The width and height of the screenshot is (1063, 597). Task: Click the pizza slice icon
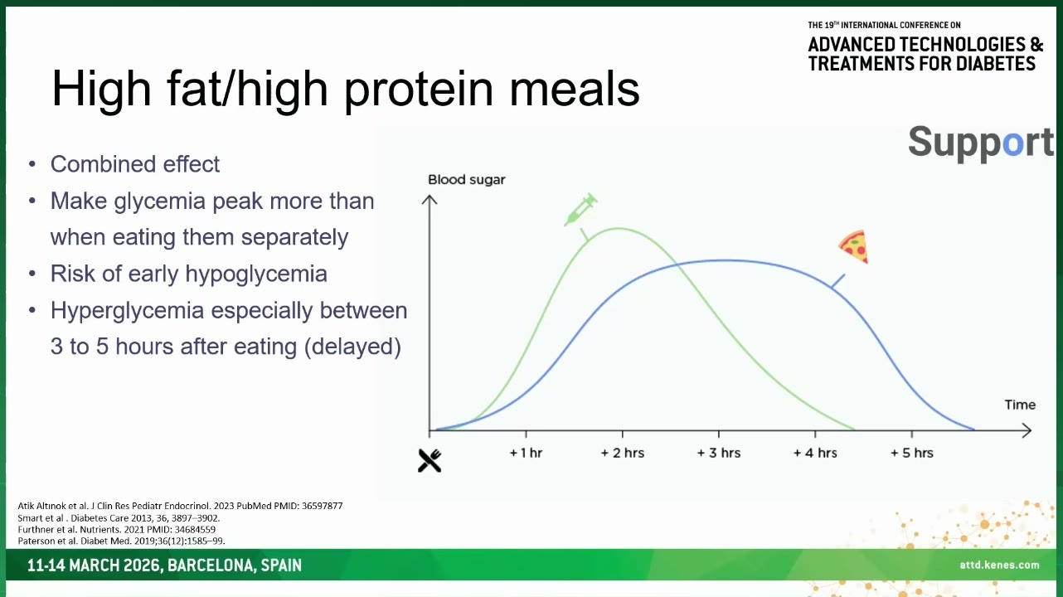coord(854,246)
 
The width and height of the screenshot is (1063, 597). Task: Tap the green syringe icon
coord(581,209)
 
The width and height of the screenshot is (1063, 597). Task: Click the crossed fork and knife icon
coord(430,460)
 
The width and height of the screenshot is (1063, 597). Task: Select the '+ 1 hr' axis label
coord(526,453)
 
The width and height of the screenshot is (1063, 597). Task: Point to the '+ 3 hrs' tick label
coord(718,453)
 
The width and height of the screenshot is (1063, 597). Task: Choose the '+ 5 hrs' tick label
coord(911,453)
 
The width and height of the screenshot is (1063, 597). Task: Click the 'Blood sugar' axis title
coord(467,180)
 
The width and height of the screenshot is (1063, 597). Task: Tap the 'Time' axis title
coord(1020,405)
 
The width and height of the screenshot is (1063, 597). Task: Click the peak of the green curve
coord(618,229)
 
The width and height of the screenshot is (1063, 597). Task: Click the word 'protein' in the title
coord(419,90)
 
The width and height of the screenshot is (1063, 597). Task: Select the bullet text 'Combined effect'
coord(135,164)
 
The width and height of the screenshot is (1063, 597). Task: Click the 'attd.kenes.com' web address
coord(999,565)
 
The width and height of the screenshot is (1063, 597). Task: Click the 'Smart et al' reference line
coord(119,517)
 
